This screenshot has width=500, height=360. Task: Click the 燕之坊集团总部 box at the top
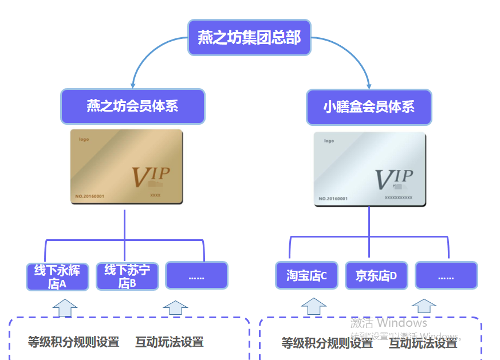tap(249, 38)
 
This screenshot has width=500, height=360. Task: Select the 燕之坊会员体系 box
tap(133, 106)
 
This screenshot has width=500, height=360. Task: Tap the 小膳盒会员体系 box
tap(369, 107)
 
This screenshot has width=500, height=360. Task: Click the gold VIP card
tap(126, 167)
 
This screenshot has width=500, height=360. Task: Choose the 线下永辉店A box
tap(57, 276)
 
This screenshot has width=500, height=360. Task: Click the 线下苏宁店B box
tap(127, 276)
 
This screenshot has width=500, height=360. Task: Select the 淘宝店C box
tap(307, 276)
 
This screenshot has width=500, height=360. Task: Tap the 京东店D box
tap(376, 276)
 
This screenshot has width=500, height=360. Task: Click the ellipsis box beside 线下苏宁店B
tap(196, 276)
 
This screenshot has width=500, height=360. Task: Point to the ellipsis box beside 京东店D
tap(446, 276)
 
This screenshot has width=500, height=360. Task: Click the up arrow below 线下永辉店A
tap(65, 307)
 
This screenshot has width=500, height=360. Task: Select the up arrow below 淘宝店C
tap(313, 306)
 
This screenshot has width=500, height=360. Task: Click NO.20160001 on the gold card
tap(89, 196)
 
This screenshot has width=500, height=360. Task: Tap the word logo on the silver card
tap(329, 141)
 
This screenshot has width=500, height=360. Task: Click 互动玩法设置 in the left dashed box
tap(170, 342)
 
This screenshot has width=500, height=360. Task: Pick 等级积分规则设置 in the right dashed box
tap(327, 343)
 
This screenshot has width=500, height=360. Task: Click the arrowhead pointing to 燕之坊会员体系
tap(132, 85)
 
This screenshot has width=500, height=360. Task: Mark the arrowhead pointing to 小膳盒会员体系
tap(369, 85)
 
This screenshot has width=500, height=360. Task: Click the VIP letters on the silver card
tap(393, 179)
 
